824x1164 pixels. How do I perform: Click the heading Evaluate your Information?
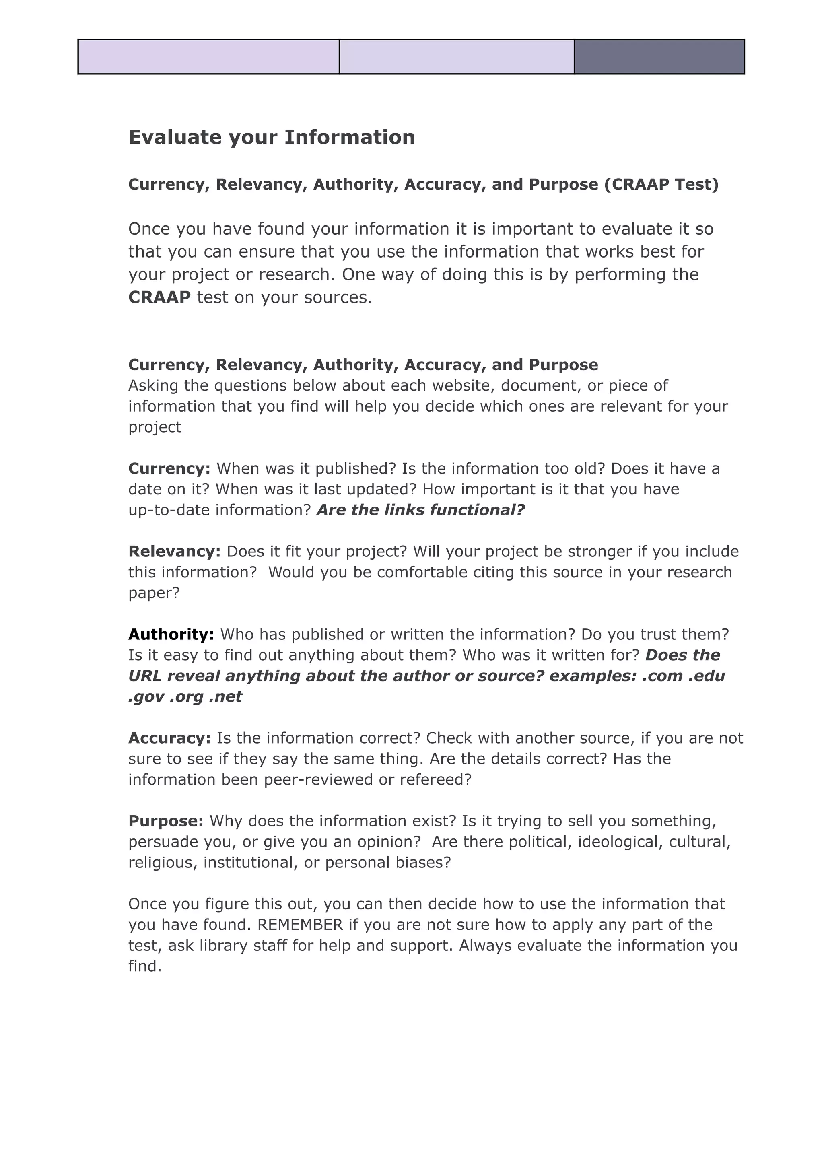272,138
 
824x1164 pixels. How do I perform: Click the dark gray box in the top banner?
659,57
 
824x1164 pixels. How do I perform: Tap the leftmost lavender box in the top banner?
208,57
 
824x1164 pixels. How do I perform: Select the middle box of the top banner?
457,57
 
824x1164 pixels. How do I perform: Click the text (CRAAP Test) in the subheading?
661,184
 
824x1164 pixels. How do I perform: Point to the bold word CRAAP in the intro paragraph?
159,297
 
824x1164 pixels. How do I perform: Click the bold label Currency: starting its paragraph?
169,468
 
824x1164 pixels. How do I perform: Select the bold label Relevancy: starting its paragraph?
175,552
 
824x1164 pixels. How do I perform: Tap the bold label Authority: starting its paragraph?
171,634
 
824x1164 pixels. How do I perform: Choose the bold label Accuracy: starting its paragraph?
169,738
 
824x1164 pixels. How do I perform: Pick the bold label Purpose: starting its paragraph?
166,821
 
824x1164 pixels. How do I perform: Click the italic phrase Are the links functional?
420,510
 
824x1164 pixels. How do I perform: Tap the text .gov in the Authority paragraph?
146,697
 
